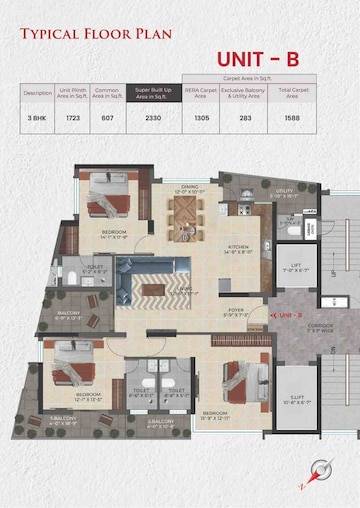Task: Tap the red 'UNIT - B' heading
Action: click(x=258, y=60)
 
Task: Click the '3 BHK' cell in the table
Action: click(x=38, y=118)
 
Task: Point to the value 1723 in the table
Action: click(x=73, y=118)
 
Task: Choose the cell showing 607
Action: click(x=108, y=118)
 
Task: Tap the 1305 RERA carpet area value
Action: click(x=200, y=118)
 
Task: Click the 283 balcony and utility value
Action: click(x=246, y=118)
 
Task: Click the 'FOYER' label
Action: click(x=236, y=311)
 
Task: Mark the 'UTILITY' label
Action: click(x=286, y=190)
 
